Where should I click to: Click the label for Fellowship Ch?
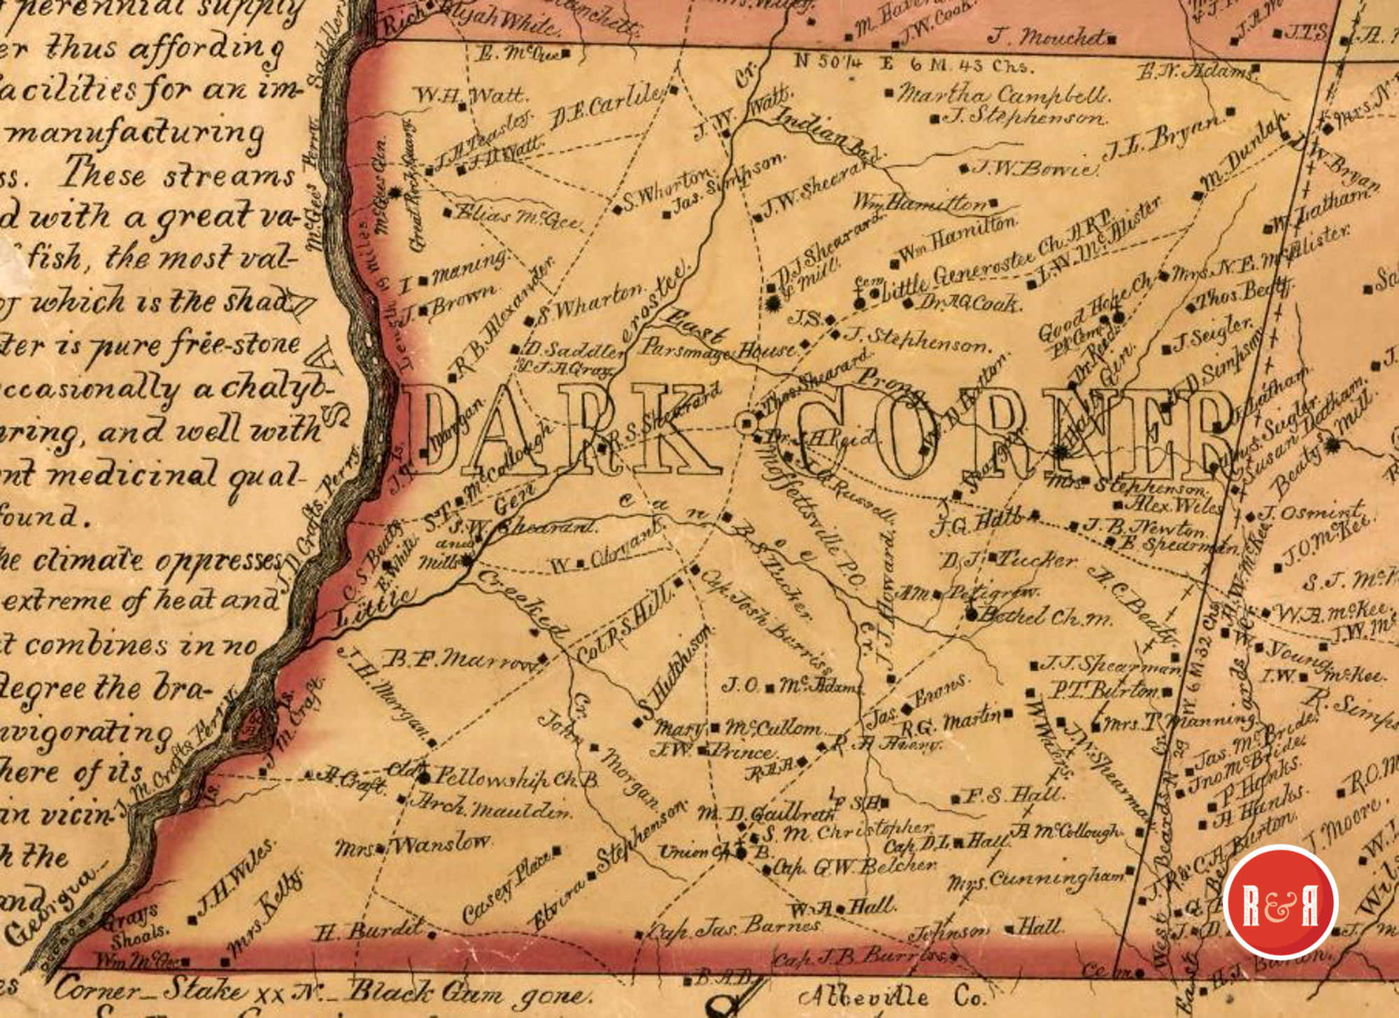[x=514, y=778]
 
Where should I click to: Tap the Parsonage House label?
[x=720, y=348]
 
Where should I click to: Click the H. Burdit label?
[x=368, y=931]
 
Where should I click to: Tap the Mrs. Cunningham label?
[x=1035, y=878]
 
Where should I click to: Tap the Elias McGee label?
[x=518, y=216]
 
